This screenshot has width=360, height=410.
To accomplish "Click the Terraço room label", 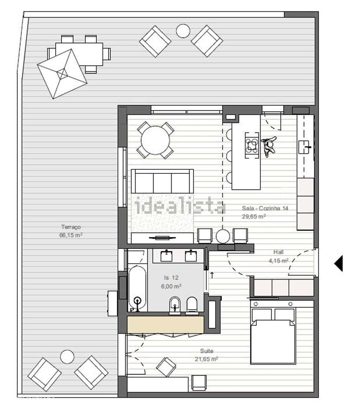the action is (x=71, y=227).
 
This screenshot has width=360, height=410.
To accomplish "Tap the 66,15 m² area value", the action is (x=71, y=235).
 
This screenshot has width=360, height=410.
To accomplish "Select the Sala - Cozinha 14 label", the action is (x=265, y=208).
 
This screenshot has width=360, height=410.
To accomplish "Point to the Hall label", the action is (x=278, y=252).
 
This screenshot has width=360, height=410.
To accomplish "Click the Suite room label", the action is (x=207, y=351).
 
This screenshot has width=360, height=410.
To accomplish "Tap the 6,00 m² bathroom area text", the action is (x=171, y=286).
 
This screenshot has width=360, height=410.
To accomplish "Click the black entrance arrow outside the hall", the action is (x=339, y=263).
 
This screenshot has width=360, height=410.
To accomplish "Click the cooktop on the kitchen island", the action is (x=252, y=146).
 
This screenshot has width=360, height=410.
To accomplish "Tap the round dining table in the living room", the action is (x=156, y=140).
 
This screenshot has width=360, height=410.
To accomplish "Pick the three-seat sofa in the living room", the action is (x=162, y=181).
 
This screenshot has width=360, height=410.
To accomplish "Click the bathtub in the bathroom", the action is (x=137, y=289).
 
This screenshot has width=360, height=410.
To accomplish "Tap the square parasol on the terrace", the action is (x=62, y=74).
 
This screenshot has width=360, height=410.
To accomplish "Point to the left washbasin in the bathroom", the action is (x=166, y=256).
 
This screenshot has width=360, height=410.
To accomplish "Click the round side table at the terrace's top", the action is (x=183, y=31).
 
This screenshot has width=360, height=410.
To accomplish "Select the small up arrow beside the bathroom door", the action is (x=212, y=275).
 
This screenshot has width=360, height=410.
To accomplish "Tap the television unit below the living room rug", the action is (x=162, y=238).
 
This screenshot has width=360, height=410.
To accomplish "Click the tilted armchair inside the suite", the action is (x=166, y=367).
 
